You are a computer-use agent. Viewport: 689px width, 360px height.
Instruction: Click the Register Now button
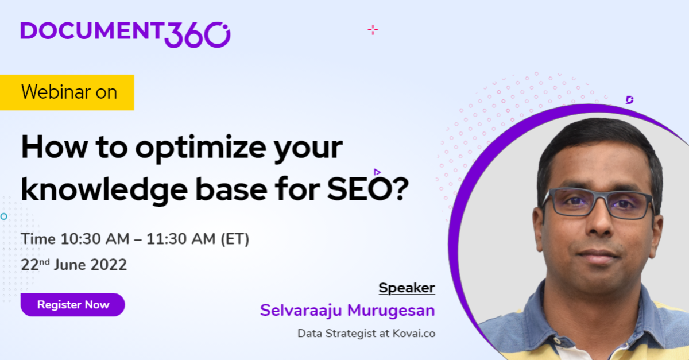point(72,305)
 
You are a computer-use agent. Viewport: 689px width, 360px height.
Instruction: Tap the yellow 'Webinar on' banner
point(68,92)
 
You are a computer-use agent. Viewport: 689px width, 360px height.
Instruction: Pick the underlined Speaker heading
point(407,288)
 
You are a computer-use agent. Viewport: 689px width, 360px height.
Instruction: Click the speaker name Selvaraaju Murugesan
point(347,311)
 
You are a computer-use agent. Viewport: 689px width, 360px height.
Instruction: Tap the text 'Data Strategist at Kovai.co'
point(366,333)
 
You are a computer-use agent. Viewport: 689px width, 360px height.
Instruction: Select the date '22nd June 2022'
point(73,265)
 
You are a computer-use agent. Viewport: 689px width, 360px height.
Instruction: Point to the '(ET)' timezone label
point(235,239)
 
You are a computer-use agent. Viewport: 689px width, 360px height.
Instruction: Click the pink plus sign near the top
point(373,30)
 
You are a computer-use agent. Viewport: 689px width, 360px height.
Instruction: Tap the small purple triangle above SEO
point(377,172)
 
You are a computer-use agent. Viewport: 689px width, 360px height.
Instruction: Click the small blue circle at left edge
point(3,216)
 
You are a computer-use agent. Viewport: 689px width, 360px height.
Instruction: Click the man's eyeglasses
point(597,203)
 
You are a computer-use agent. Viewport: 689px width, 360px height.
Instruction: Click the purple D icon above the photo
point(629,100)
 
